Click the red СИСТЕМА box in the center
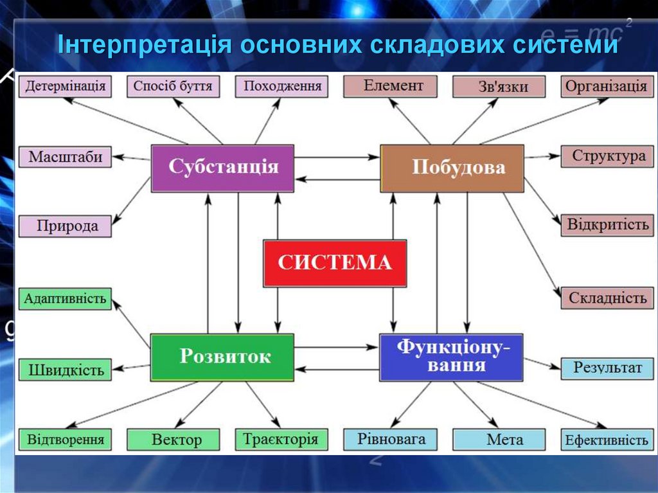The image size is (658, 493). click(335, 263)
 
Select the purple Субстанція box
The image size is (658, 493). click(223, 168)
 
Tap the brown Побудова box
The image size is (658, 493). click(452, 168)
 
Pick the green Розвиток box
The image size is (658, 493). click(222, 357)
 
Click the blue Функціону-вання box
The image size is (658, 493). click(450, 357)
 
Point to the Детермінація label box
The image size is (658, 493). click(65, 87)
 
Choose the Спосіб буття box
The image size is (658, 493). click(173, 87)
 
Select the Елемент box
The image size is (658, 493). click(390, 86)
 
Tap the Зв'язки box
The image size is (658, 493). click(499, 87)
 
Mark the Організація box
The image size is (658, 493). click(607, 87)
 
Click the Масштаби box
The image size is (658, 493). click(65, 157)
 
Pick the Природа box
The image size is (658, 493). click(65, 226)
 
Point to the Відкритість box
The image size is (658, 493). click(607, 226)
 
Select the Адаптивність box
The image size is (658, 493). click(65, 299)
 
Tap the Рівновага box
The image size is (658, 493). click(390, 439)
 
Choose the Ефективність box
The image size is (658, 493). click(607, 440)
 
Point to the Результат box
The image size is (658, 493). click(607, 368)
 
